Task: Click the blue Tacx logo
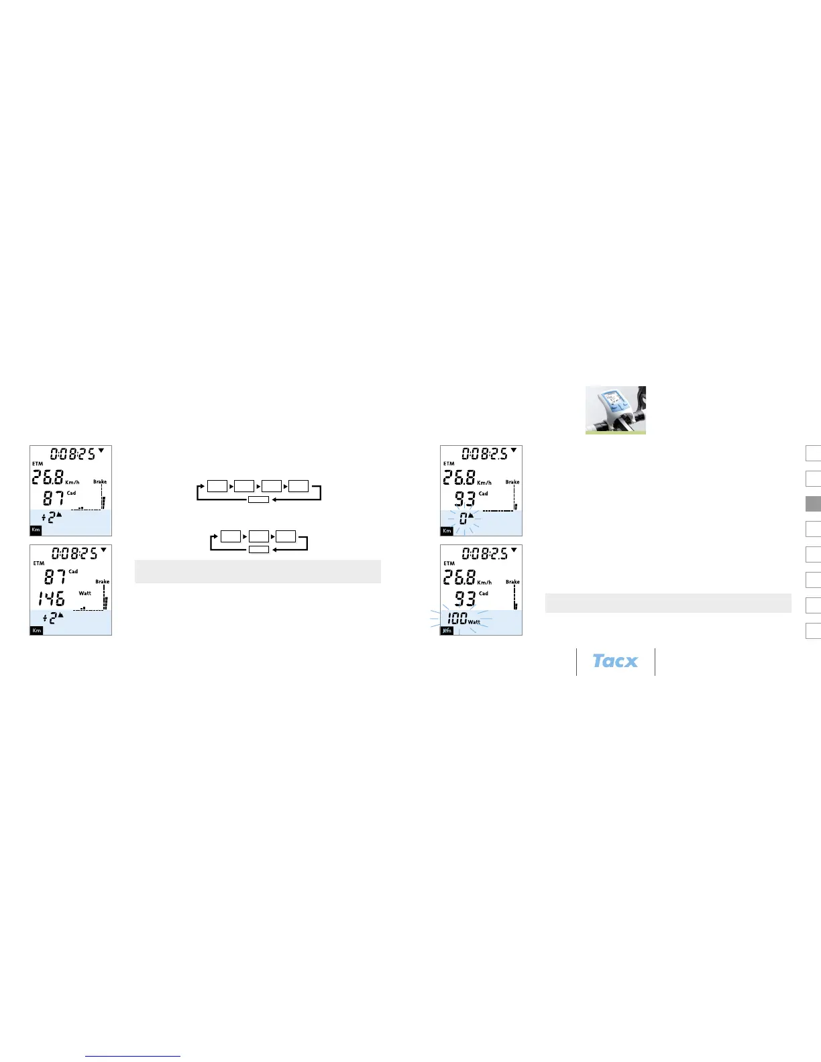click(615, 661)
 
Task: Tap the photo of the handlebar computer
click(615, 410)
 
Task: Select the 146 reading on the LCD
click(52, 598)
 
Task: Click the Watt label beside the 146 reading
click(85, 593)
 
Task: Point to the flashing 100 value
click(457, 618)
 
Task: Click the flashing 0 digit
click(463, 518)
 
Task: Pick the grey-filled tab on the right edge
click(813, 504)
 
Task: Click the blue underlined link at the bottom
click(133, 1056)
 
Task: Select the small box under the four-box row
click(258, 499)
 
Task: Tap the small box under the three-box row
click(258, 550)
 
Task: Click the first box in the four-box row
click(217, 485)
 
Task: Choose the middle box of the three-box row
click(258, 536)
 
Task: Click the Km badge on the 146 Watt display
click(36, 630)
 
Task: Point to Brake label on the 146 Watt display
click(102, 582)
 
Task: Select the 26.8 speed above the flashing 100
click(459, 577)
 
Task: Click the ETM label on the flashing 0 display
click(449, 463)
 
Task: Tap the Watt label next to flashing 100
click(474, 622)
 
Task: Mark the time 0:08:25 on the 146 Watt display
click(74, 554)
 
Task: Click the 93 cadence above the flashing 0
click(465, 499)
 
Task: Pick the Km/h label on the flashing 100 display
click(484, 582)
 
